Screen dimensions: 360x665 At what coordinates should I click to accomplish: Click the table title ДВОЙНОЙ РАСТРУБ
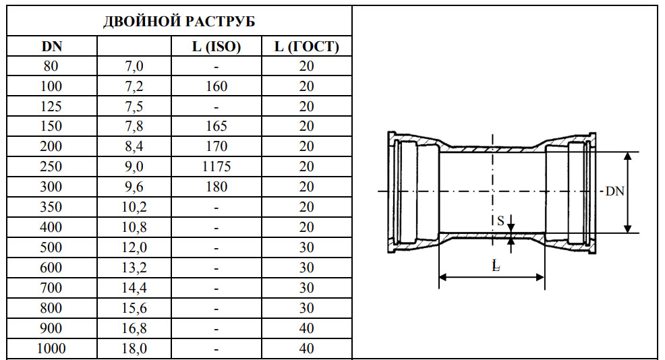[x=179, y=22]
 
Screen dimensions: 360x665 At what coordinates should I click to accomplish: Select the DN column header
[x=52, y=47]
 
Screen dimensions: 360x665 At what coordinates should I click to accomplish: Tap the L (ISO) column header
[x=216, y=47]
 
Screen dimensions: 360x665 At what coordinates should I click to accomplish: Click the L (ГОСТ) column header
[x=306, y=47]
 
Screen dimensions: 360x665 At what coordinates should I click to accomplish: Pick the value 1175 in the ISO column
[x=216, y=167]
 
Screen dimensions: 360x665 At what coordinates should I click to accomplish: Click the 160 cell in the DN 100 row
[x=216, y=86]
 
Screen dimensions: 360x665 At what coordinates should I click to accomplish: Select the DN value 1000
[x=52, y=349]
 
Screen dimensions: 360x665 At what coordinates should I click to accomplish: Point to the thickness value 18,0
[x=134, y=349]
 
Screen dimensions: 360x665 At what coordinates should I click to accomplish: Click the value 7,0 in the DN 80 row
[x=134, y=66]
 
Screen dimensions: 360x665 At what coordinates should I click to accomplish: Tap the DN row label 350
[x=52, y=208]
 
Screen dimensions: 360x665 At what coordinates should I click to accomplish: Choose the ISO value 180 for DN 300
[x=216, y=187]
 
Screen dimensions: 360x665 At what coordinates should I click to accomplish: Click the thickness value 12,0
[x=134, y=247]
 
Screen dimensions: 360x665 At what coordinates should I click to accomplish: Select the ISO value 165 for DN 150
[x=216, y=126]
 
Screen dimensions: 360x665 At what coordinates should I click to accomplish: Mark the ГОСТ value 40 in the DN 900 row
[x=306, y=328]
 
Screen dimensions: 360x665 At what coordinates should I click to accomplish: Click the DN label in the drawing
[x=614, y=191]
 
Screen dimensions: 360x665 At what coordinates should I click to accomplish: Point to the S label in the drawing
[x=500, y=220]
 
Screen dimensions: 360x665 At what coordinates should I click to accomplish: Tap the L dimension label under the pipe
[x=496, y=266]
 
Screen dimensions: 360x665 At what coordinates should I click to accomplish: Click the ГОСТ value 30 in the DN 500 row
[x=306, y=247]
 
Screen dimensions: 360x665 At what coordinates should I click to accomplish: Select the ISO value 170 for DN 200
[x=216, y=146]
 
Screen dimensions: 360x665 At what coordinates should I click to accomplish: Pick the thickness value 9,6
[x=134, y=187]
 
